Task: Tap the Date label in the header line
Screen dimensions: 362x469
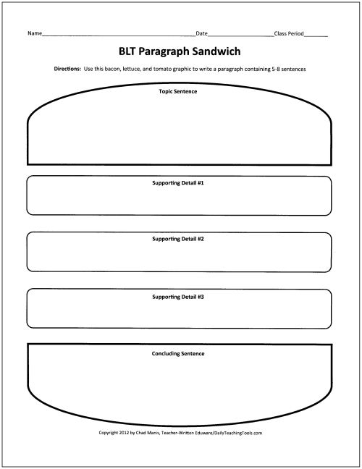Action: click(202, 33)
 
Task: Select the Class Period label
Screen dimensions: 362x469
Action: click(289, 33)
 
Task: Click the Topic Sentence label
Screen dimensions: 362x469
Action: click(178, 92)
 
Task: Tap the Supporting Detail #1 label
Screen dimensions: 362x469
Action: click(178, 184)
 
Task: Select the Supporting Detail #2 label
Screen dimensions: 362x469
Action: click(178, 239)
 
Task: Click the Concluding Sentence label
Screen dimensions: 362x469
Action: click(178, 354)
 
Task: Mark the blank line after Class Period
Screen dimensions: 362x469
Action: click(316, 35)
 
